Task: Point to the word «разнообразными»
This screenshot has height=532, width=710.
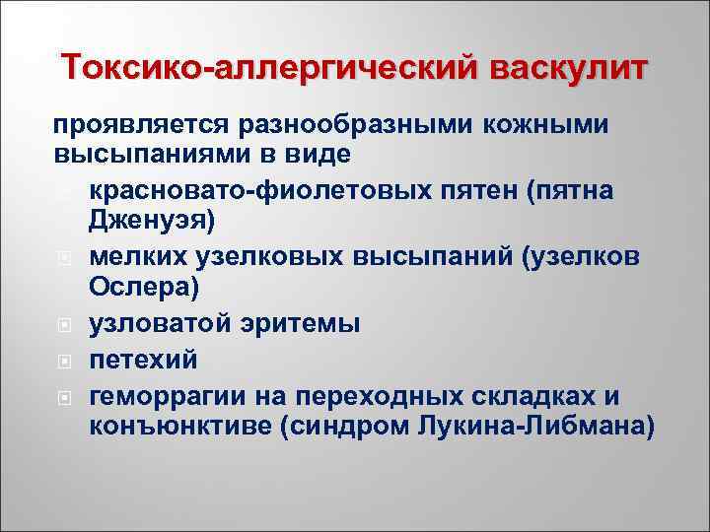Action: coord(359,126)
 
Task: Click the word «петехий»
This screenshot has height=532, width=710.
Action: coord(144,360)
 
